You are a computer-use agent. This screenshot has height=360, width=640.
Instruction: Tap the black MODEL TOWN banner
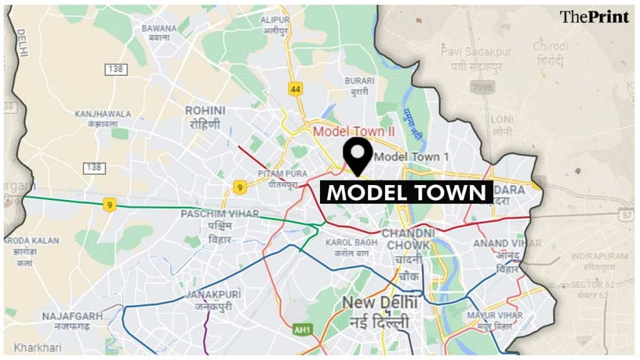[x=406, y=192]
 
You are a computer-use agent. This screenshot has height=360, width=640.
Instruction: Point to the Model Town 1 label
[x=411, y=157]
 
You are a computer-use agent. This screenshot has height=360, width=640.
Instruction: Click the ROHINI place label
[x=205, y=117]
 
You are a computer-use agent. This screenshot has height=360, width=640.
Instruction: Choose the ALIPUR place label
[x=275, y=24]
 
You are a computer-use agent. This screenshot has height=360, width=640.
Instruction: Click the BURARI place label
[x=359, y=86]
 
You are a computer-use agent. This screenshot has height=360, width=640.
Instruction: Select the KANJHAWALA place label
[x=103, y=119]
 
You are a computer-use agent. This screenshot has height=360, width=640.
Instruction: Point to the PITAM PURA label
[x=279, y=179]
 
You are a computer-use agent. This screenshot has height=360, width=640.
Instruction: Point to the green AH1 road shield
[x=302, y=329]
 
